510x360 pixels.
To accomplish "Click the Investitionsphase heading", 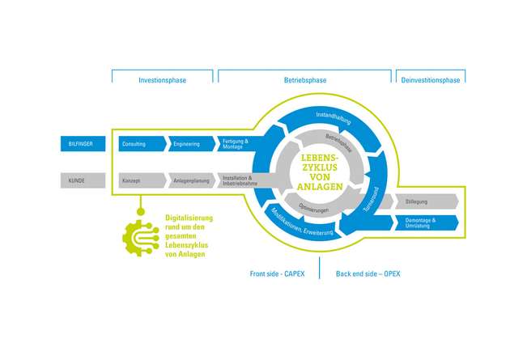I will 162,80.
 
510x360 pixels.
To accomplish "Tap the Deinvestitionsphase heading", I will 430,80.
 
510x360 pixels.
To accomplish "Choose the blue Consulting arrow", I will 138,144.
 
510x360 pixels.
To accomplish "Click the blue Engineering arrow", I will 189,144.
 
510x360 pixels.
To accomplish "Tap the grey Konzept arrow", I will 138,180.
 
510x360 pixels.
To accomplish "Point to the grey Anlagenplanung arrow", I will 189,180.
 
